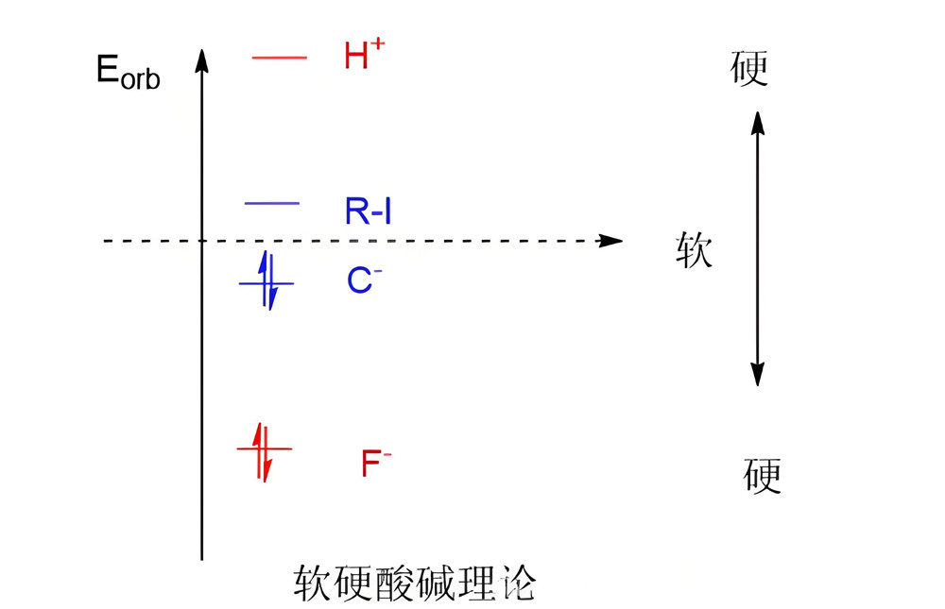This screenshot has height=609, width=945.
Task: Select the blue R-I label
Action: [x=368, y=211]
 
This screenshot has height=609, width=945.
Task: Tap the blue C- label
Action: [x=364, y=280]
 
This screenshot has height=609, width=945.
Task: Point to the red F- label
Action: [x=375, y=463]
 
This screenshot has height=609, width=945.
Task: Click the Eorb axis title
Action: [x=128, y=73]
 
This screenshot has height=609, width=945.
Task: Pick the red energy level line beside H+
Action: [x=280, y=59]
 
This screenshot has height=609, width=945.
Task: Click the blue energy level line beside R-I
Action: [x=272, y=203]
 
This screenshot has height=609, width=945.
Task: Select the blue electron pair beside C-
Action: [x=267, y=282]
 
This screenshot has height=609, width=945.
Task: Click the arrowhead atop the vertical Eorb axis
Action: [x=201, y=59]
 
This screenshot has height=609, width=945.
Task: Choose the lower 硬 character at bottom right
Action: [x=762, y=476]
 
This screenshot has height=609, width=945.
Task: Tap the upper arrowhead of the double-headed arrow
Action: [x=756, y=121]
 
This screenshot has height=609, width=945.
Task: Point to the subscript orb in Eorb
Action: [x=141, y=79]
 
